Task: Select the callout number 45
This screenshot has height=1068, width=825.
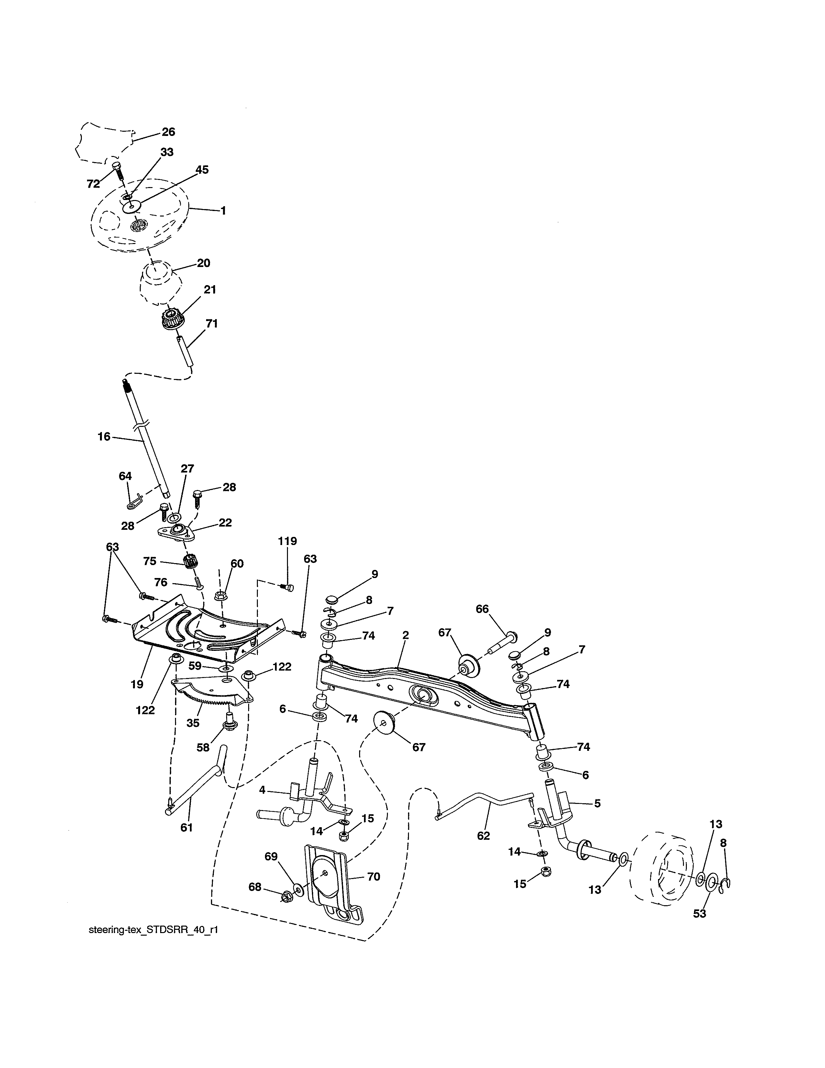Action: point(202,170)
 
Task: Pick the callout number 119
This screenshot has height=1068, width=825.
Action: point(287,541)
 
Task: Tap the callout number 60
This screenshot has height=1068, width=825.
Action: point(237,564)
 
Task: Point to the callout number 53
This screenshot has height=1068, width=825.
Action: point(700,914)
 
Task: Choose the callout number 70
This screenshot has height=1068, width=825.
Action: point(373,877)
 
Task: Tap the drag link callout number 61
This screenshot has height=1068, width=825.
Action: point(187,828)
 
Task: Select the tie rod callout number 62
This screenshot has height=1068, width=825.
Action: point(483,836)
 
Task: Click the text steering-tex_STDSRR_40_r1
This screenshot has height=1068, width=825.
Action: point(153,943)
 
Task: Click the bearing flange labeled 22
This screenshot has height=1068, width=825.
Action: point(176,532)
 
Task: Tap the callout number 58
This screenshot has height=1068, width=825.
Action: point(203,748)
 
